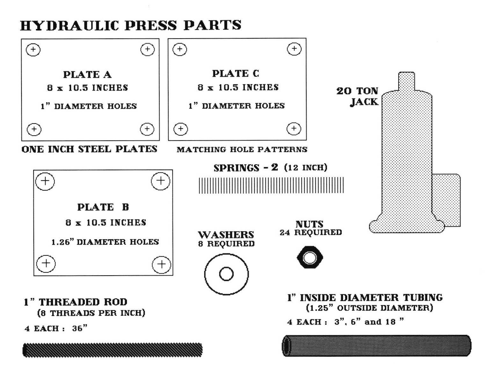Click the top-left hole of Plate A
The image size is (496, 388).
(x=33, y=50)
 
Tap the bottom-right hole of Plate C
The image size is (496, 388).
(x=294, y=129)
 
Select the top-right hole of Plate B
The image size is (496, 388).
(x=160, y=181)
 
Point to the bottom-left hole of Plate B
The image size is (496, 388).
(x=46, y=263)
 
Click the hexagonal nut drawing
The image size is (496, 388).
(x=310, y=257)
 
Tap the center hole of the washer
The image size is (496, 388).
(x=226, y=274)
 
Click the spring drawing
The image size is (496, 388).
(x=271, y=185)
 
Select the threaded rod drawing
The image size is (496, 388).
(x=112, y=350)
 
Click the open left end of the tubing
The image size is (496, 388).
(x=287, y=346)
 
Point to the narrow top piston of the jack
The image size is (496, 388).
(x=406, y=81)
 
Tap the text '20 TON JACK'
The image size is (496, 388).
(x=358, y=96)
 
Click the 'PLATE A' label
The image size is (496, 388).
(x=87, y=75)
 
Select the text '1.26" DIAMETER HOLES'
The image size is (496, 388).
(x=105, y=242)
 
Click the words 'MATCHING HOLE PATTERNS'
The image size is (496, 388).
(x=242, y=149)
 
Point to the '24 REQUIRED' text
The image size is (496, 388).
(x=310, y=233)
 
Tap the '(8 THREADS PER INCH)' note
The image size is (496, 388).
(x=91, y=313)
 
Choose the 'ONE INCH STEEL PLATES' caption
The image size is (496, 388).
(x=89, y=149)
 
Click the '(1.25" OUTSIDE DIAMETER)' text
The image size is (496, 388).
(x=369, y=308)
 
